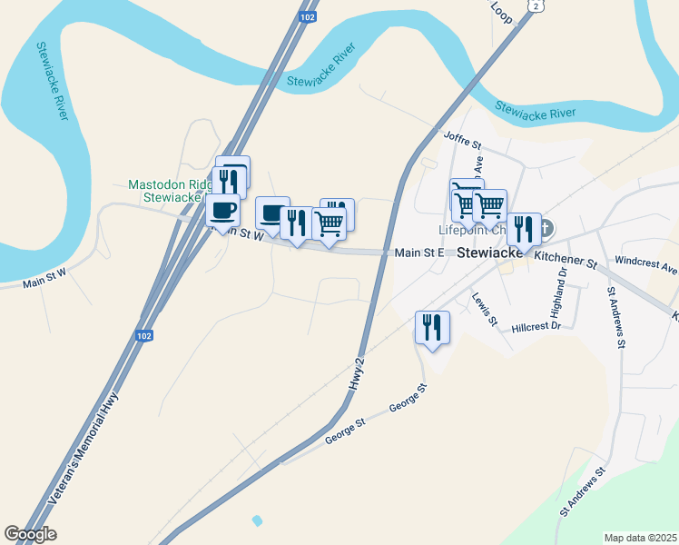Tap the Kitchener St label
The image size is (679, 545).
565,260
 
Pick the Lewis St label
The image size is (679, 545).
484,309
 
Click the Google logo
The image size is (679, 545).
30,534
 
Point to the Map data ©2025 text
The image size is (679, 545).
640,537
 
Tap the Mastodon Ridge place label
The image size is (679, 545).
170,184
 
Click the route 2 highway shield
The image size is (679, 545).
536,5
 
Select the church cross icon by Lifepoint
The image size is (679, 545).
548,229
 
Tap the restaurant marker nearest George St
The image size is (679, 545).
432,328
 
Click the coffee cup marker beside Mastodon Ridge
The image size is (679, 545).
223,211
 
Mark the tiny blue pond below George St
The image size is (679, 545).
257,520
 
